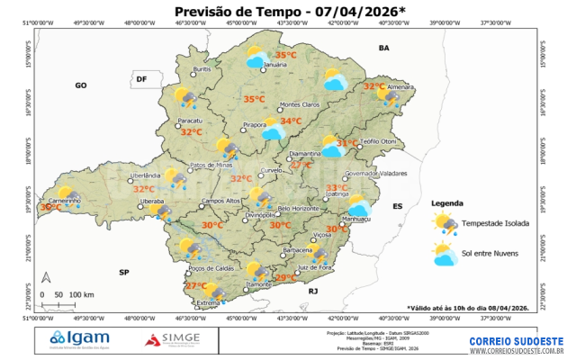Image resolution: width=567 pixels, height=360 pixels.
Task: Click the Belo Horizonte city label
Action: click(x=299, y=209)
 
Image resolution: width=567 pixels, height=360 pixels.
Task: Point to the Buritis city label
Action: click(x=202, y=69)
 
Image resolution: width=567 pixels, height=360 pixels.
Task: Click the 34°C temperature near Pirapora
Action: click(x=291, y=121)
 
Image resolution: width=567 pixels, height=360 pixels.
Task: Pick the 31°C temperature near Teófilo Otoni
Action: click(x=346, y=143)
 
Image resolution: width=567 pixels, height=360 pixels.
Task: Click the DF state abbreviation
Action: click(x=140, y=80)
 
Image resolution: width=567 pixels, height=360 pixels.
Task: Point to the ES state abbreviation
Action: click(x=397, y=206)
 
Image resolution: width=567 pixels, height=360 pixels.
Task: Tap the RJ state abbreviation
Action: click(x=313, y=292)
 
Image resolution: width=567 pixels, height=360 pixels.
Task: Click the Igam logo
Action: click(x=83, y=338)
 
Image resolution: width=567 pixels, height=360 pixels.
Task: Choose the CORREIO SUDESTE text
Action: click(x=516, y=340)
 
